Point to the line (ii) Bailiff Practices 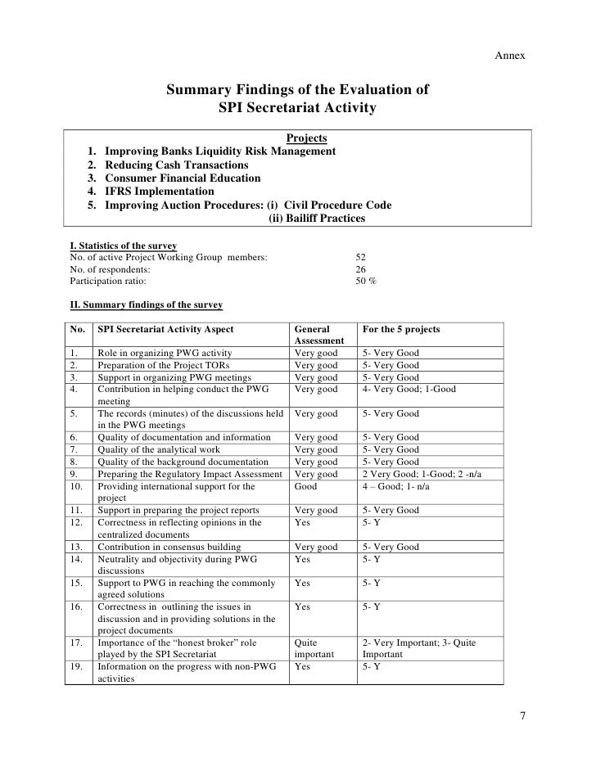click(x=317, y=219)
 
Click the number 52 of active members click(x=361, y=256)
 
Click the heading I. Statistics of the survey click(x=125, y=245)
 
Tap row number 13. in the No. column click(x=74, y=547)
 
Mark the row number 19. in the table click(x=74, y=667)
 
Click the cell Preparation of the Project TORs click(x=164, y=365)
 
